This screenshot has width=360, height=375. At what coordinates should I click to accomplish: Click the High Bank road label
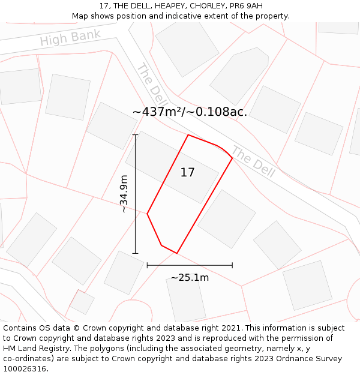tap(70, 38)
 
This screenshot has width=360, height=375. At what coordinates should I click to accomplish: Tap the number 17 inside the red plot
tap(187, 173)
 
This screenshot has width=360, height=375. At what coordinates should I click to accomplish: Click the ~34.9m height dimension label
tap(124, 193)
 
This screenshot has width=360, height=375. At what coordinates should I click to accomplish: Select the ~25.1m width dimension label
tap(190, 277)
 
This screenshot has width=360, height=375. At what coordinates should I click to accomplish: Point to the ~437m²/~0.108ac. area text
tap(190, 112)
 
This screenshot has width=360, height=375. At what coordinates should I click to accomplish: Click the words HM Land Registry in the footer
tap(32, 349)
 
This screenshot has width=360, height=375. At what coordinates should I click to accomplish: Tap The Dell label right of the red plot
tap(253, 162)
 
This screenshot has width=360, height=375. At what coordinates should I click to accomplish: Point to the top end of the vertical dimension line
tap(136, 135)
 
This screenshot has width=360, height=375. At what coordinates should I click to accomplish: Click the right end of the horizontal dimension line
tap(232, 265)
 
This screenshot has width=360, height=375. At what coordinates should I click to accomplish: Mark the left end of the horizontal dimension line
tap(147, 265)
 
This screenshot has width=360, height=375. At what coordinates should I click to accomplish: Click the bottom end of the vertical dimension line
tap(136, 253)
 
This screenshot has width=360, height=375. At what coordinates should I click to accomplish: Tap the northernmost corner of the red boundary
tap(188, 135)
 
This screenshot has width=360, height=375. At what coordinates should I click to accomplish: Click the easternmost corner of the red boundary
tap(232, 158)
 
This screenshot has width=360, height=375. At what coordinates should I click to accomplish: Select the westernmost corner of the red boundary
tap(147, 214)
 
